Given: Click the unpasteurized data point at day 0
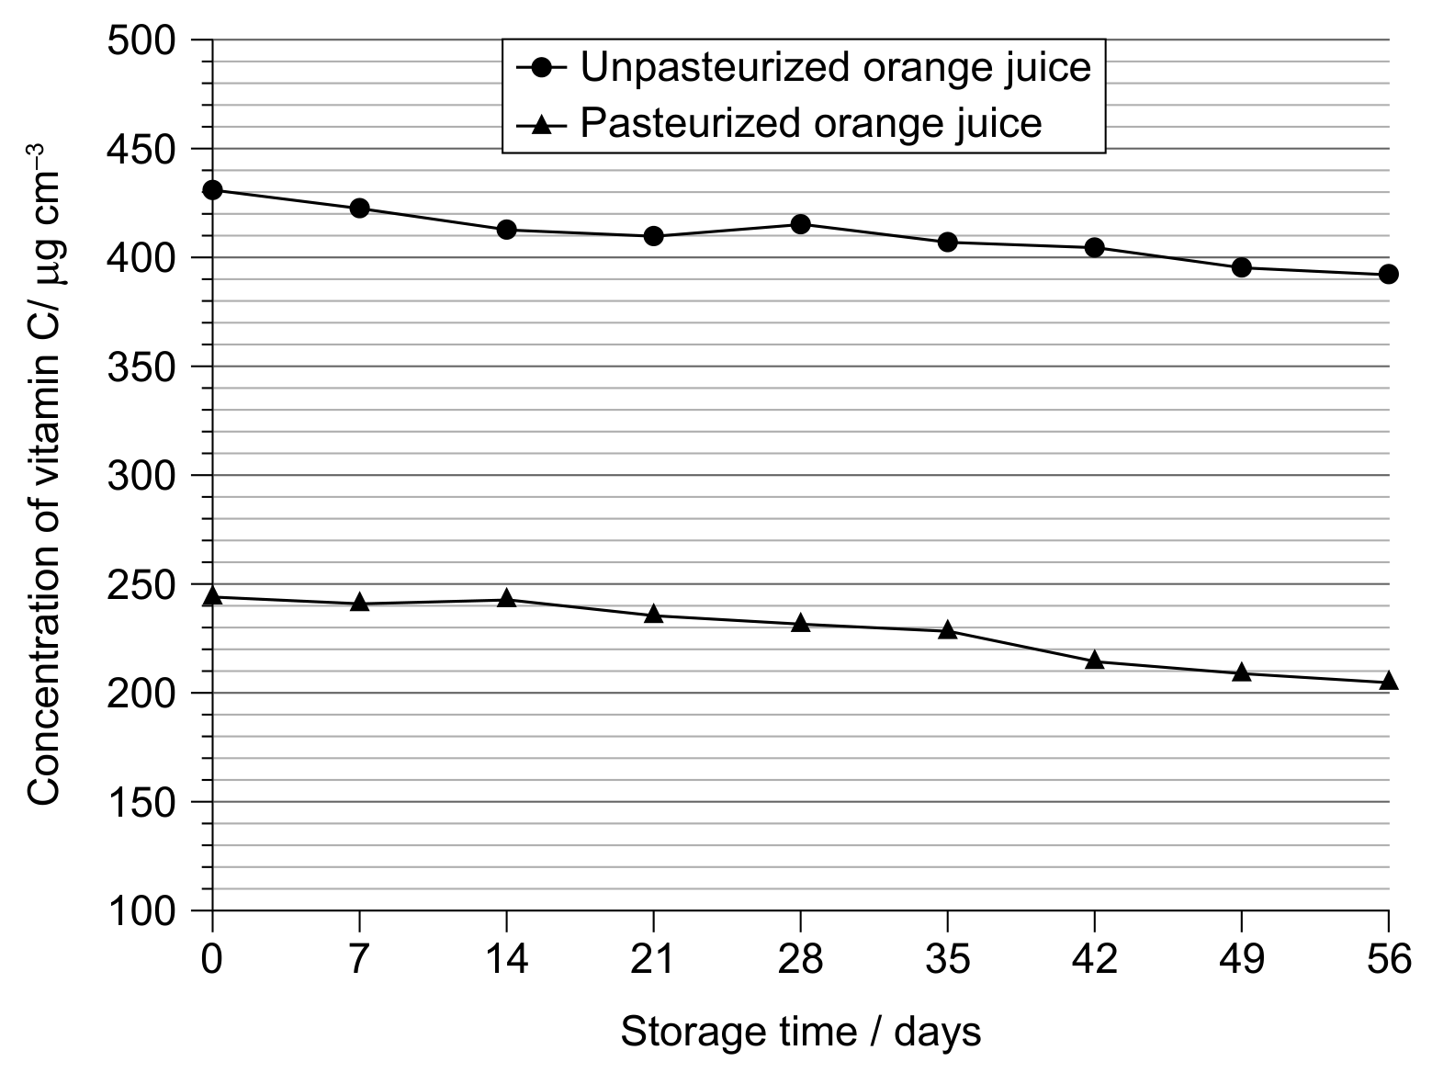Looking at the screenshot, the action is [213, 190].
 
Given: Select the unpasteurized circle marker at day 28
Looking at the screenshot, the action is [800, 224].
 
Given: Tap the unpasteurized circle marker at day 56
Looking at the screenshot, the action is [1388, 275].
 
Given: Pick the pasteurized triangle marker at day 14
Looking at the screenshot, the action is [507, 597].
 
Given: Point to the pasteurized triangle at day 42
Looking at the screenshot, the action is [1095, 660].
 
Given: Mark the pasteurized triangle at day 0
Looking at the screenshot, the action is [213, 595].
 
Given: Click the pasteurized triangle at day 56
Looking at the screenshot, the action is [1388, 680].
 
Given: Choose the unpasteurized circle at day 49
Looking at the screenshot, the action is [1242, 267].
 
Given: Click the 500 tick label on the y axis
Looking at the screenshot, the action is [141, 41].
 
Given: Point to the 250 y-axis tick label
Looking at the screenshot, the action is [141, 585].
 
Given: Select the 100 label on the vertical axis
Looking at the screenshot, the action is [141, 911].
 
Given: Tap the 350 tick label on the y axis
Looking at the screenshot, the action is [141, 367].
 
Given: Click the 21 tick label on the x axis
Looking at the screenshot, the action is [652, 959].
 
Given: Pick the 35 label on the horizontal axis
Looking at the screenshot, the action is [947, 959].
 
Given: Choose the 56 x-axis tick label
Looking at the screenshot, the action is [1389, 959].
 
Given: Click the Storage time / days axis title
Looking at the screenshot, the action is [800, 1032].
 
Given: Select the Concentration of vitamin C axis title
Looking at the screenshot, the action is [44, 475].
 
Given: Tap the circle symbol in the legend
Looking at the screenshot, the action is [542, 67].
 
